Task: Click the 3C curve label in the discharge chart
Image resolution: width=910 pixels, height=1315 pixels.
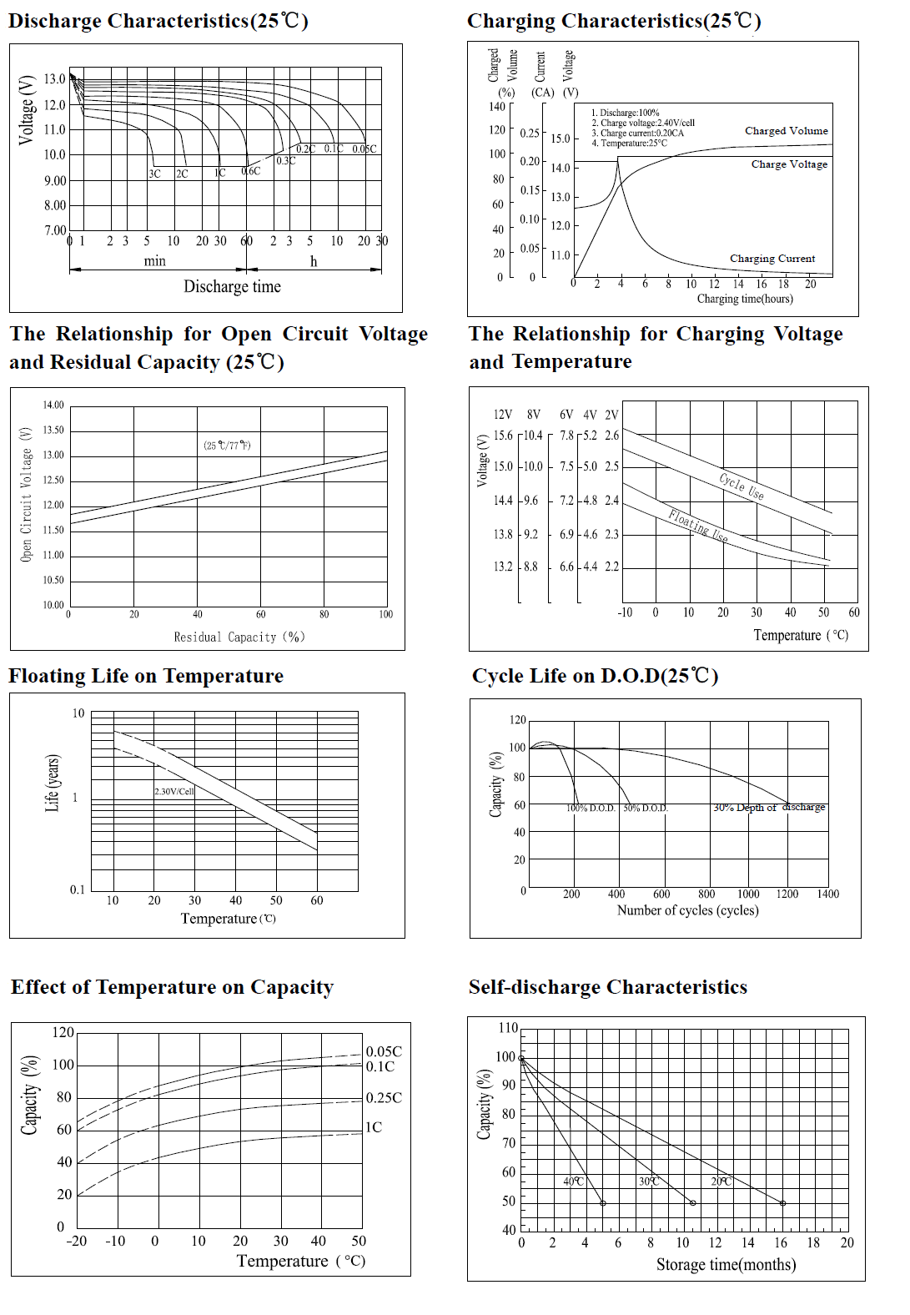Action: tap(154, 174)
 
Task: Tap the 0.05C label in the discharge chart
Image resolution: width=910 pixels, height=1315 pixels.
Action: tap(364, 149)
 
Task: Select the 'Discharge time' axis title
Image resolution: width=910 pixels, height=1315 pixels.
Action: tap(232, 286)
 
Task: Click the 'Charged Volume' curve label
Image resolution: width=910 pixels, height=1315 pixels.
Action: tap(786, 131)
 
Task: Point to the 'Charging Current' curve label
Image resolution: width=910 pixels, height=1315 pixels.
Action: tap(772, 259)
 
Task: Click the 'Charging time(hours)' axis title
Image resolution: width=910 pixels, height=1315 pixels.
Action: tap(745, 299)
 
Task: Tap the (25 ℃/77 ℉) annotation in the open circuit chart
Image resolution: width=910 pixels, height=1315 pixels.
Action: tap(227, 446)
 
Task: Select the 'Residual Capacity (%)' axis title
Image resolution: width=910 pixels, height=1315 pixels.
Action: tap(239, 637)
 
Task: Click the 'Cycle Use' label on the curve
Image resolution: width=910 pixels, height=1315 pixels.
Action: tap(741, 486)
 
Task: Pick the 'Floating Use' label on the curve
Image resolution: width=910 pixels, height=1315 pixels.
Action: tap(697, 527)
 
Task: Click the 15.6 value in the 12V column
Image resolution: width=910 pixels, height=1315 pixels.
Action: tap(503, 436)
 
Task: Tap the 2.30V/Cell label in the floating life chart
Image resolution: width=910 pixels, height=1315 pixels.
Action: tap(174, 791)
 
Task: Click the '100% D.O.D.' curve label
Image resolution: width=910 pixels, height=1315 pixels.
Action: tap(591, 808)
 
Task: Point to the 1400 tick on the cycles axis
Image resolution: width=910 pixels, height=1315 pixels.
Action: tap(827, 894)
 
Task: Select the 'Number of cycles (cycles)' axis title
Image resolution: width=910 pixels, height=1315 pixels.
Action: tap(687, 910)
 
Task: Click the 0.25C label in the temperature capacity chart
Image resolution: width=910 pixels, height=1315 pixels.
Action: tap(384, 1098)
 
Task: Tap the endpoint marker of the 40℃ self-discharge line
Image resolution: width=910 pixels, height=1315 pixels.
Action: tap(603, 1203)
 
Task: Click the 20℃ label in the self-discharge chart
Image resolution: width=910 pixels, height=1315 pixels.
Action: tap(721, 1181)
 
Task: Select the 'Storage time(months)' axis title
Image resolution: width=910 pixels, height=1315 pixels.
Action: tap(726, 1264)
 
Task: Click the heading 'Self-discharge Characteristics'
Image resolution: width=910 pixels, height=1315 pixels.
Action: tap(607, 987)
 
